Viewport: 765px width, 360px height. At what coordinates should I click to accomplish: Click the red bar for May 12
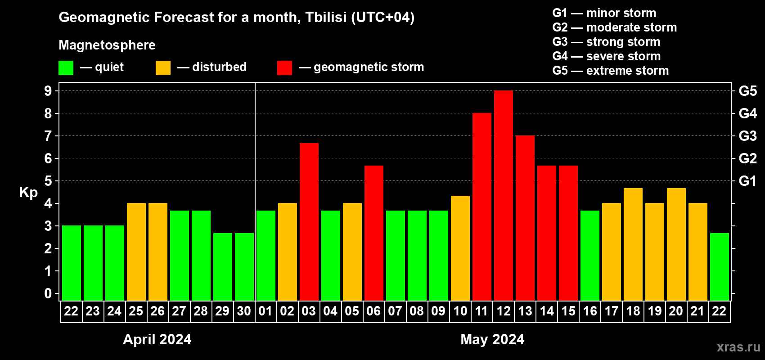pos(504,195)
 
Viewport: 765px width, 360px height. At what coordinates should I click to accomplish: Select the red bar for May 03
pos(309,222)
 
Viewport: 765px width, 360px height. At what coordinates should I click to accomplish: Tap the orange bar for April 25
pos(136,252)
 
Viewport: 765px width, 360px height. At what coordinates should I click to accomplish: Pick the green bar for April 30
pos(244,267)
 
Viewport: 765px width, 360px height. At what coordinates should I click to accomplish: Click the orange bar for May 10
pos(460,248)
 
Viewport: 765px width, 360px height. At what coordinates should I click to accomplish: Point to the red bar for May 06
pos(374,233)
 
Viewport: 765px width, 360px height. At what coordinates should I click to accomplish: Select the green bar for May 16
pos(590,256)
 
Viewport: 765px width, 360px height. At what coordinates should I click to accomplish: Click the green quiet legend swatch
pos(66,67)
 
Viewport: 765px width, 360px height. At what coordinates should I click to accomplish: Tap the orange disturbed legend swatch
pos(163,67)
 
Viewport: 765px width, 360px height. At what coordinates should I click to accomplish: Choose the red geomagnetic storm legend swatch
pos(284,67)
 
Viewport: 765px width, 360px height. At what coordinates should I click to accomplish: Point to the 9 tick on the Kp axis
pos(48,91)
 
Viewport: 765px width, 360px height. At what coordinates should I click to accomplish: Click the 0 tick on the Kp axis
pos(48,293)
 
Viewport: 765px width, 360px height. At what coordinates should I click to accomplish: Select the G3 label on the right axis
pos(748,136)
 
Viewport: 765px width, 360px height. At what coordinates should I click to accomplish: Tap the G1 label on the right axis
pos(748,181)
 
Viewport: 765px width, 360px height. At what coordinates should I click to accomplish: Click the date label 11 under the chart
pos(481,311)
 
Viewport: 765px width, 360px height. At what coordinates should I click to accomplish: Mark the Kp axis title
pos(28,192)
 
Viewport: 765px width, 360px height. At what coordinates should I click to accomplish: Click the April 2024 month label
pos(157,339)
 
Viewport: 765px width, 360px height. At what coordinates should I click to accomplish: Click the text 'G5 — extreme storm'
pos(610,71)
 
